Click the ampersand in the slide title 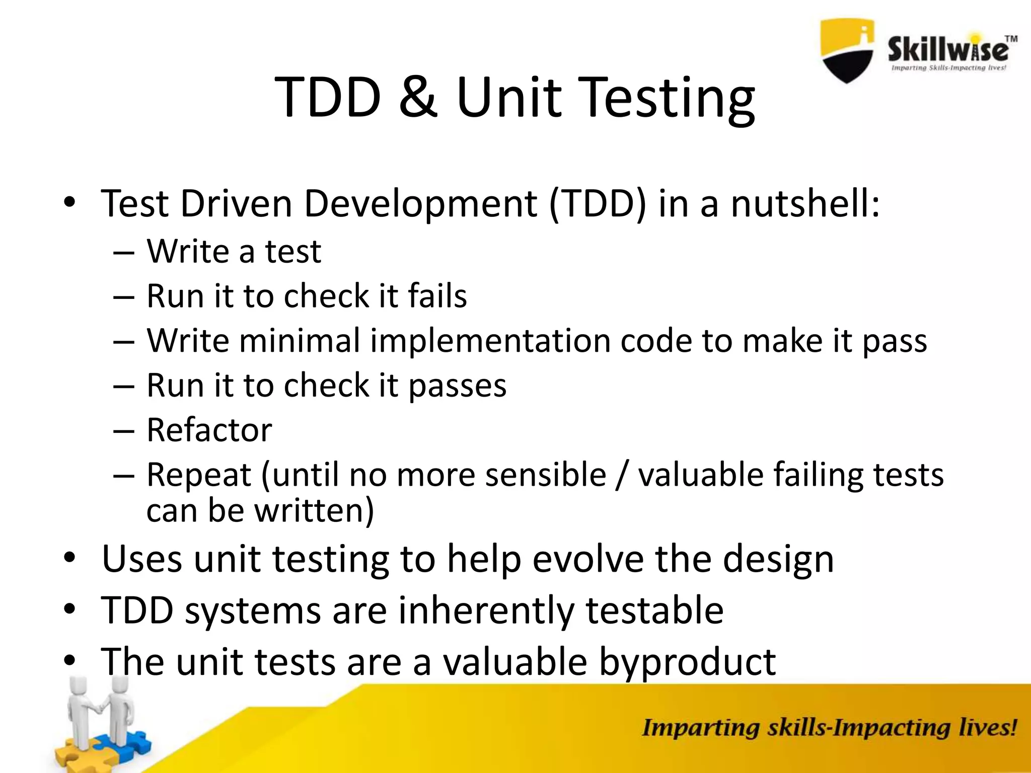click(417, 97)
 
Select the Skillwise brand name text click(948, 51)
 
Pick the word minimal click(300, 341)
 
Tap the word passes click(457, 385)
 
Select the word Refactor click(209, 430)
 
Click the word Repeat click(199, 476)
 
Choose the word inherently click(486, 610)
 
